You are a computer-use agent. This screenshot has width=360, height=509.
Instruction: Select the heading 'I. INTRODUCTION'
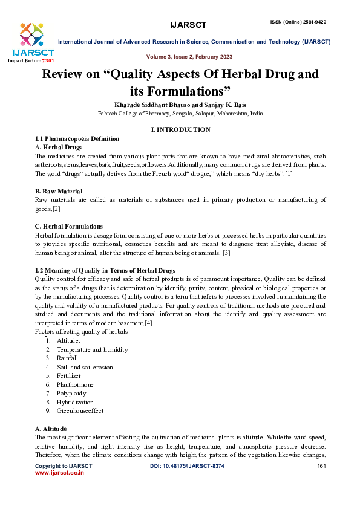point(180,129)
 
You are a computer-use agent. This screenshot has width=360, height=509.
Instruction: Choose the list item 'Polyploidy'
point(71,393)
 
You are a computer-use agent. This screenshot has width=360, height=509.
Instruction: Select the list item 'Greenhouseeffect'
point(80,410)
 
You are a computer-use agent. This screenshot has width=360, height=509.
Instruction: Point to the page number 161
point(322,467)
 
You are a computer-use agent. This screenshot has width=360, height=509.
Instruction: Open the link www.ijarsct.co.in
point(59,473)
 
